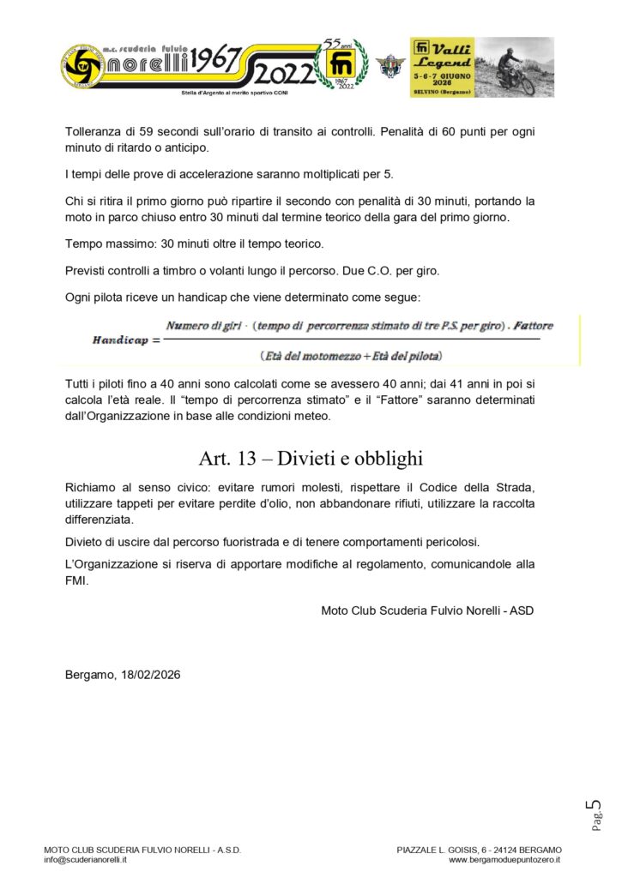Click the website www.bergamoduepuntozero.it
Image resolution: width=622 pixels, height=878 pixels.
[x=504, y=859]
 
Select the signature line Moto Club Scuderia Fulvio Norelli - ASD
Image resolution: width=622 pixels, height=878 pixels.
[x=428, y=610]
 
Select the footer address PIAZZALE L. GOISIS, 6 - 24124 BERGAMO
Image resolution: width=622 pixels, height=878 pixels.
[x=479, y=850]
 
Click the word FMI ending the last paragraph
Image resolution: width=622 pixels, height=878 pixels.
[x=77, y=580]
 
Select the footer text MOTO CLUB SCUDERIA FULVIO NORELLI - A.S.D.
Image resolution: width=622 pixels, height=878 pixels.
[x=142, y=850]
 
